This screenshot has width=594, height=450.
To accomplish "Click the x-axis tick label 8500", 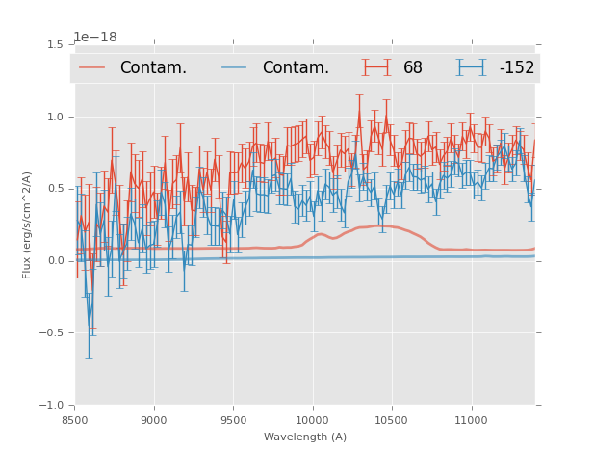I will [x=75, y=420].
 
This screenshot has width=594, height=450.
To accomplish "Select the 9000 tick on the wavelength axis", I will [x=154, y=420].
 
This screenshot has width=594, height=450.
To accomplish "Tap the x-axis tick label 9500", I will [x=233, y=420].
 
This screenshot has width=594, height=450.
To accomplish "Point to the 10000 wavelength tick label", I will [x=312, y=420].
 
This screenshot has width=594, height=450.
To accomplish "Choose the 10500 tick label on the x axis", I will [x=392, y=420].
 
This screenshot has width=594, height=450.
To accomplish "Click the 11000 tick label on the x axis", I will [x=471, y=420].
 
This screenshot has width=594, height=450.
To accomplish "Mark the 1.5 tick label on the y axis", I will [x=55, y=44].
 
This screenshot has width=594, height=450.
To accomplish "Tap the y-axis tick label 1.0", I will [x=55, y=117].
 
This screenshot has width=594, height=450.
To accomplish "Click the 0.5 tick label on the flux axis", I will [x=55, y=189].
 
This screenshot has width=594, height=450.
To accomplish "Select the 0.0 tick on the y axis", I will [x=55, y=261].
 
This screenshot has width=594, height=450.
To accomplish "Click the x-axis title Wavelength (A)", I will [x=305, y=437].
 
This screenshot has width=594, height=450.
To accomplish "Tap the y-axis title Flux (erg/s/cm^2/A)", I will [x=28, y=225].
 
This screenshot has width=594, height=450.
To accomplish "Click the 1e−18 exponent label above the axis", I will [x=95, y=38].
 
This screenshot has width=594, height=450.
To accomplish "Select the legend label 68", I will [x=413, y=68].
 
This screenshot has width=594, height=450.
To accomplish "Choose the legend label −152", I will [x=516, y=68].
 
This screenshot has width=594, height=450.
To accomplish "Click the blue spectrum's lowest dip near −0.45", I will [x=90, y=327].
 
